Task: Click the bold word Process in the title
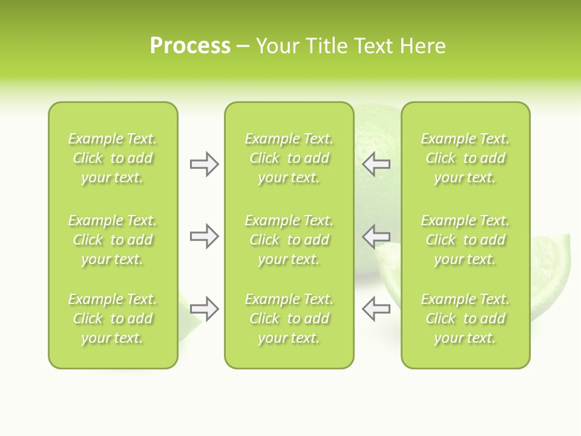coord(190,46)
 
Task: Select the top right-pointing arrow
coord(204,164)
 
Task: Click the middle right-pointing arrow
coord(204,236)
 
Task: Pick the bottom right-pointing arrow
coord(204,309)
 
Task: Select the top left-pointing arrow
coord(376,164)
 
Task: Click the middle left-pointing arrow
coord(376,236)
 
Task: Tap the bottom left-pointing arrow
coord(376,309)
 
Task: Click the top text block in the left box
coord(113,158)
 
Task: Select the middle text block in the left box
coord(113,240)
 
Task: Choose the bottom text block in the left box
coord(113,319)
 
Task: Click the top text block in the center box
coord(289,158)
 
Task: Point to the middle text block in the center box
coord(289,240)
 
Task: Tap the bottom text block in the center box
coord(289,319)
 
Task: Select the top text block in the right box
coord(465,158)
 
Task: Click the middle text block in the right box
coord(465,240)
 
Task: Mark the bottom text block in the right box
coord(465,319)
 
